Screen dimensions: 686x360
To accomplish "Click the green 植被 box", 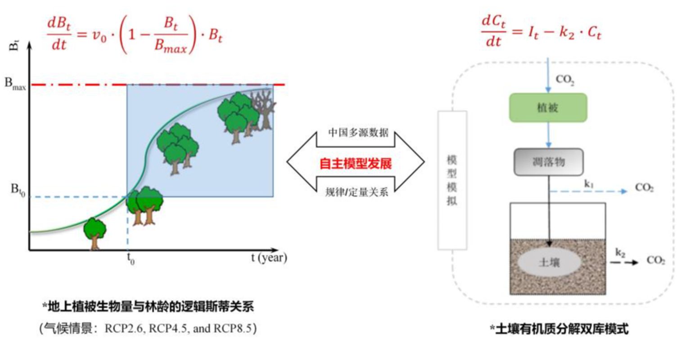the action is pos(548,108).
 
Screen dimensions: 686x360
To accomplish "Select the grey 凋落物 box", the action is pos(548,162).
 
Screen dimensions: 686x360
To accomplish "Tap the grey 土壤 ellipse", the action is pos(549,262).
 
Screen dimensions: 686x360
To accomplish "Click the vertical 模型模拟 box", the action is pos(452,180).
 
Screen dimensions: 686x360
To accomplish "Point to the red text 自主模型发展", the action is pos(356,164).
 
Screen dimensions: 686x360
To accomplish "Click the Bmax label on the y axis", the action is pos(15,84).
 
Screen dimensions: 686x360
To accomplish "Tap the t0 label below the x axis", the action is pos(131,259).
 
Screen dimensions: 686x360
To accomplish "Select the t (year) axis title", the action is pos(269,258).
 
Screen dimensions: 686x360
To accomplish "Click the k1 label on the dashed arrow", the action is pos(589,184).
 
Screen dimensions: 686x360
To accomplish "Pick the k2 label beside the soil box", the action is pos(620,253).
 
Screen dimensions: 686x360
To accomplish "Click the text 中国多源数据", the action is pos(358,133).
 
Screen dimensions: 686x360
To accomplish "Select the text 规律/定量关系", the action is pos(357,192).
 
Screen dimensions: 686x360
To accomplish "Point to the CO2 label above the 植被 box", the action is pos(565,80).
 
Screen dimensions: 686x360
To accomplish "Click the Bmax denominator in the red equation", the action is pos(171,46).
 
